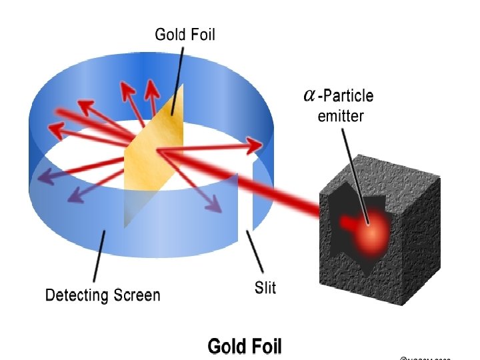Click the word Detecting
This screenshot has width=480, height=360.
tap(77, 294)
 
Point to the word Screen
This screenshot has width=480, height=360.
tap(136, 294)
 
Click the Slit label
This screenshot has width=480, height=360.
tap(265, 287)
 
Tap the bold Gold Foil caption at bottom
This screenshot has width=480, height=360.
tap(245, 346)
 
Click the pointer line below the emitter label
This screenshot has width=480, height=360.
tap(353, 167)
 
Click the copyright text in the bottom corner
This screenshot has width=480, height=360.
tap(427, 357)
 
